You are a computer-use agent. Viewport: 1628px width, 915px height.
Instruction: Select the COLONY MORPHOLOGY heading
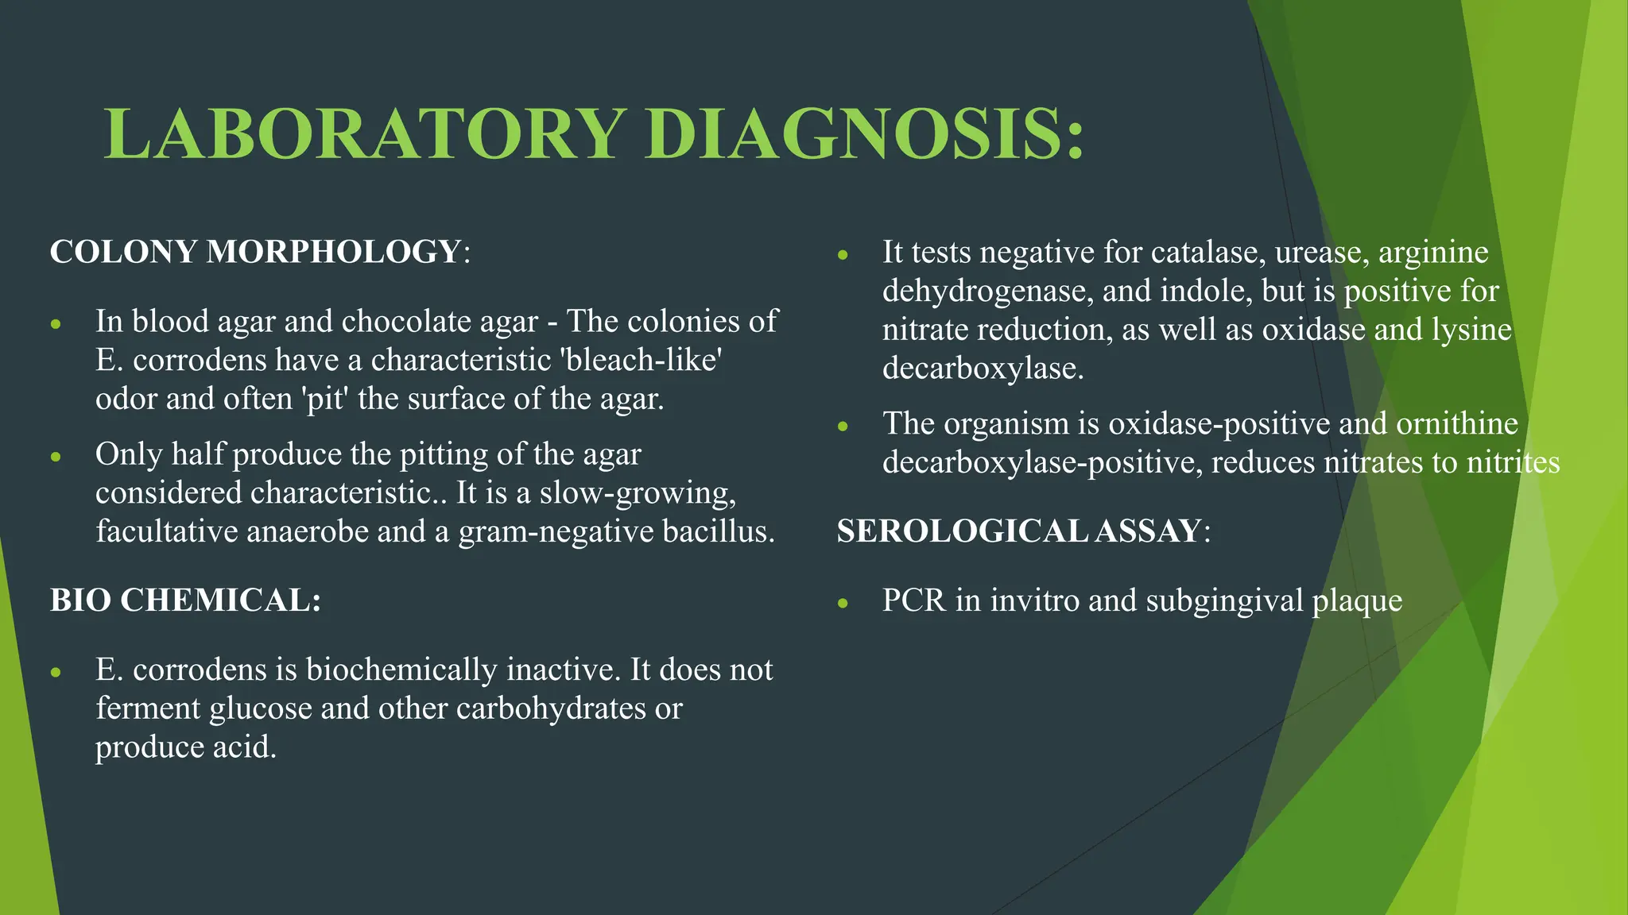(x=255, y=252)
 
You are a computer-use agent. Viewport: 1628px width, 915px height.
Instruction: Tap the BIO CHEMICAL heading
(x=184, y=600)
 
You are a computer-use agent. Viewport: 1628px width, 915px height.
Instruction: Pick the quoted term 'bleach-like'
(x=641, y=360)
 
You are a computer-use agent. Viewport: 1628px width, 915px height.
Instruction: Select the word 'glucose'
(x=260, y=708)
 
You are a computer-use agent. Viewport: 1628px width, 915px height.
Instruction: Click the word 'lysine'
(x=1471, y=330)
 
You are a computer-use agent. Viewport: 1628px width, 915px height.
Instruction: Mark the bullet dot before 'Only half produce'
(x=56, y=457)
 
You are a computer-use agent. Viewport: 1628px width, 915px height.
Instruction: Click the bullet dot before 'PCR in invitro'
(x=843, y=603)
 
